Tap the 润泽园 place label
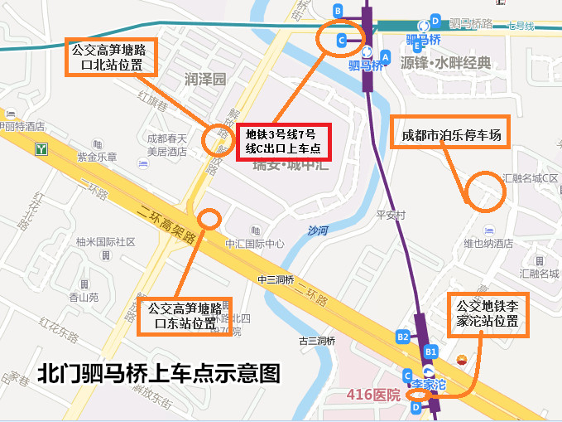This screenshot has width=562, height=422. [x=205, y=80]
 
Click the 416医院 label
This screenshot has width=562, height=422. [x=373, y=393]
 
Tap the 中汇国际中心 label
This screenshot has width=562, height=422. [x=255, y=244]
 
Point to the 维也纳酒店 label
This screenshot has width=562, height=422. [x=488, y=244]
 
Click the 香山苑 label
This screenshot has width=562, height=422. [x=83, y=296]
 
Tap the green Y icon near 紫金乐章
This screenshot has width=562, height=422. [x=41, y=150]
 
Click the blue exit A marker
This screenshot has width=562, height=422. [x=384, y=56]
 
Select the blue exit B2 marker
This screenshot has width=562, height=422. [x=403, y=337]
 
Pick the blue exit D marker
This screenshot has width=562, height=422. [x=416, y=407]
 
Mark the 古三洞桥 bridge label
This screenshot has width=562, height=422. [x=317, y=341]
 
